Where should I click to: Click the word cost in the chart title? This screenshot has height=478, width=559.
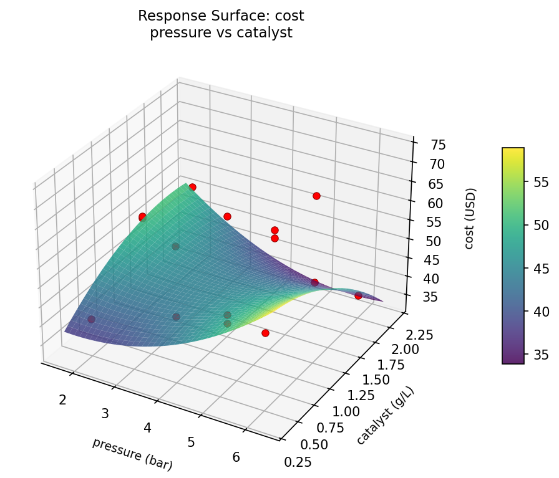click(x=289, y=16)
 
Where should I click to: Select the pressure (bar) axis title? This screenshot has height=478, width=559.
click(x=132, y=454)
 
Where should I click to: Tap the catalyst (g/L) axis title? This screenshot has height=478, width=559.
click(x=386, y=415)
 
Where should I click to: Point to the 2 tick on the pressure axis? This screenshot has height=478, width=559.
click(x=62, y=399)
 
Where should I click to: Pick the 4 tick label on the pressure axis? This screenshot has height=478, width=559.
click(x=148, y=428)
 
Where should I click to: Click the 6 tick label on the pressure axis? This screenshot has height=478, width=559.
click(x=236, y=457)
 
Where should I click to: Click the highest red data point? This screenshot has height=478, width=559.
click(x=192, y=187)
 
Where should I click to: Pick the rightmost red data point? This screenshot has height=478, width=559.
click(x=358, y=296)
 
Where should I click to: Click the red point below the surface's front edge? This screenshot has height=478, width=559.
click(x=265, y=333)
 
